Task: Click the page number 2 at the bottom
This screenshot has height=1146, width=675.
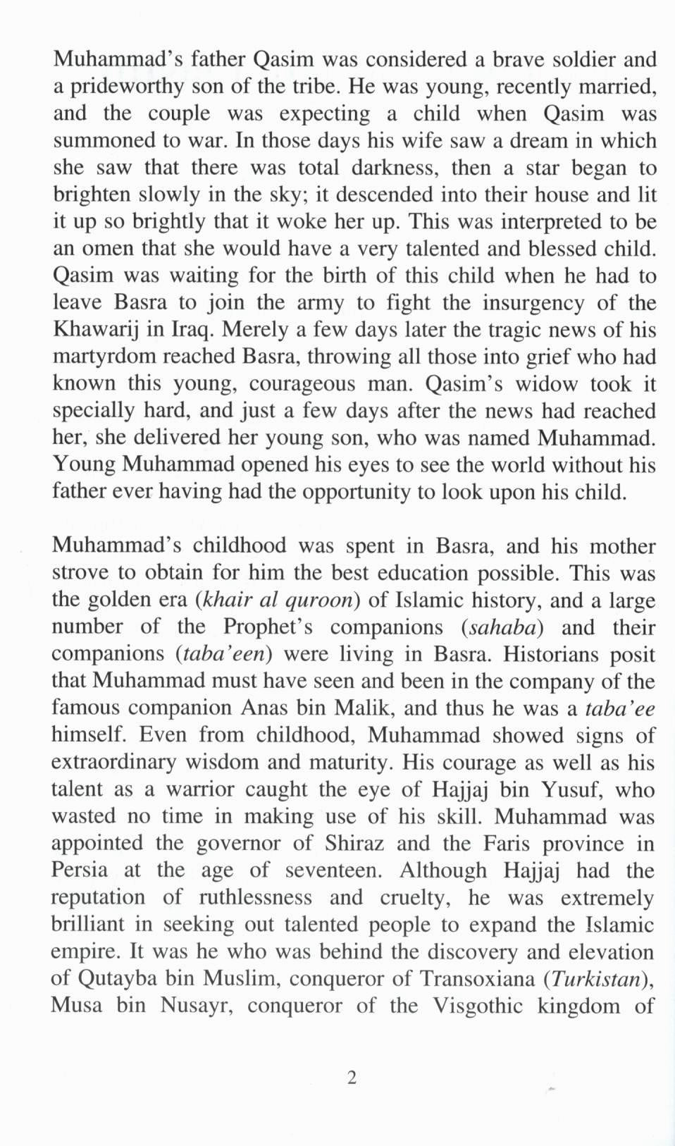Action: point(352,1077)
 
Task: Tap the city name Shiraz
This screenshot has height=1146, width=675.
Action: point(355,843)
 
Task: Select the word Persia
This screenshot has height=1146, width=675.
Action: point(79,870)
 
